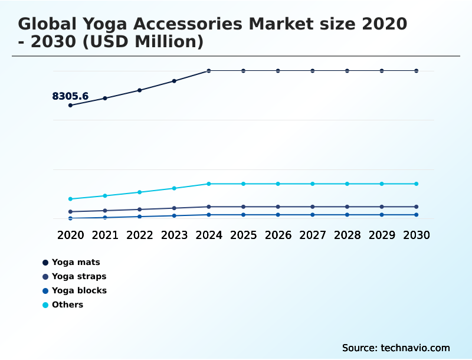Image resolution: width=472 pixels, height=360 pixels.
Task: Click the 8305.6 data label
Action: [x=70, y=96]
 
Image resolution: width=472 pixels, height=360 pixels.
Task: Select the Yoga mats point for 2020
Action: [x=71, y=106]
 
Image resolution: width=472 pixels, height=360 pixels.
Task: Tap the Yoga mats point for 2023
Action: [x=174, y=81]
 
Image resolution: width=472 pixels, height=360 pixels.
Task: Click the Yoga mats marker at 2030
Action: [x=416, y=71]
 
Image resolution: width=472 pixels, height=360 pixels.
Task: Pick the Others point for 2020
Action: [x=71, y=199]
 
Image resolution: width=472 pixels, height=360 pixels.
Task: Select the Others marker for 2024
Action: [x=209, y=184]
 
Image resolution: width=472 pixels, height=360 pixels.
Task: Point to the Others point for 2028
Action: [x=347, y=184]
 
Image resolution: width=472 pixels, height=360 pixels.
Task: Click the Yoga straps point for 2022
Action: [x=140, y=210]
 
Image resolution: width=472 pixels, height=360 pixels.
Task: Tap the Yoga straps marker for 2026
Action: [x=278, y=207]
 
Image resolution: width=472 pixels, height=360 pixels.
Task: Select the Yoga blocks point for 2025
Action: [x=243, y=215]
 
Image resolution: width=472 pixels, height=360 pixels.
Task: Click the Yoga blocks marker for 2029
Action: [x=382, y=215]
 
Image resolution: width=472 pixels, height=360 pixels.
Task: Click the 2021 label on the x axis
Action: [x=105, y=235]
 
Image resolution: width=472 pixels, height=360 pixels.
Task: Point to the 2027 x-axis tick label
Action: [x=313, y=235]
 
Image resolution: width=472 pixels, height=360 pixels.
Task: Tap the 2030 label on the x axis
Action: [x=416, y=235]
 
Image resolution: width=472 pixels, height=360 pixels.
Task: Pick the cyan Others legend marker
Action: [x=45, y=305]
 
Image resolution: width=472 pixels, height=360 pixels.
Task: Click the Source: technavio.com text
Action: [x=396, y=348]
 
